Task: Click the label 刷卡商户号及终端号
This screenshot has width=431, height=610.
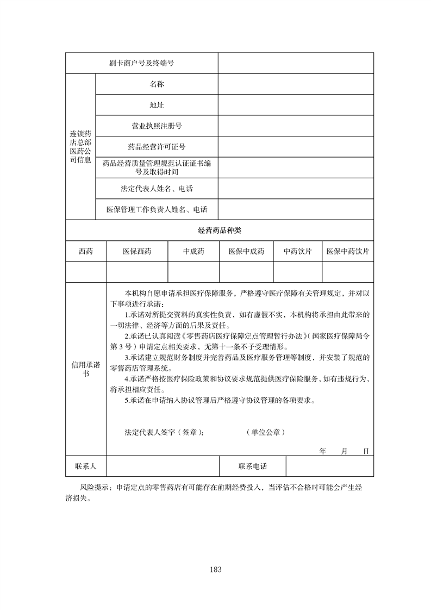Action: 141,63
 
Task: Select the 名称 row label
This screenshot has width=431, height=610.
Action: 157,84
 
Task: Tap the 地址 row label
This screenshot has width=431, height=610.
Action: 157,105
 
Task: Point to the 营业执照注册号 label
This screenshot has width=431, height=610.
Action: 157,126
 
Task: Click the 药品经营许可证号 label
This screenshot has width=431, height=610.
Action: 157,147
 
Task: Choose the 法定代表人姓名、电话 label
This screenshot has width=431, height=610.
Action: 157,189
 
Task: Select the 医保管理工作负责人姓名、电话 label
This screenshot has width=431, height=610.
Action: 157,209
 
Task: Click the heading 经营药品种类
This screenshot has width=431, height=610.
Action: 219,231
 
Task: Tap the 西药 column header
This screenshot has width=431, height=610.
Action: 85,251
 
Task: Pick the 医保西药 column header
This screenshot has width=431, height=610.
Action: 137,251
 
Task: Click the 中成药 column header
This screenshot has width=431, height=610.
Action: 193,251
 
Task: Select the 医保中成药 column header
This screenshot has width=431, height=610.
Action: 246,251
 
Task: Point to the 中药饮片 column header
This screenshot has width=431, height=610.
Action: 297,251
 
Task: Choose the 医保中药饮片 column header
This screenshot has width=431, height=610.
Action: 348,251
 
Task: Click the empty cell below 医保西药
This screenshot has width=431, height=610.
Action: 137,272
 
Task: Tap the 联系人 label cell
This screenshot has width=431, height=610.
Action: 85,466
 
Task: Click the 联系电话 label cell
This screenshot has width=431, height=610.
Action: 253,466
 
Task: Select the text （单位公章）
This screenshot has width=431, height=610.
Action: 265,433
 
